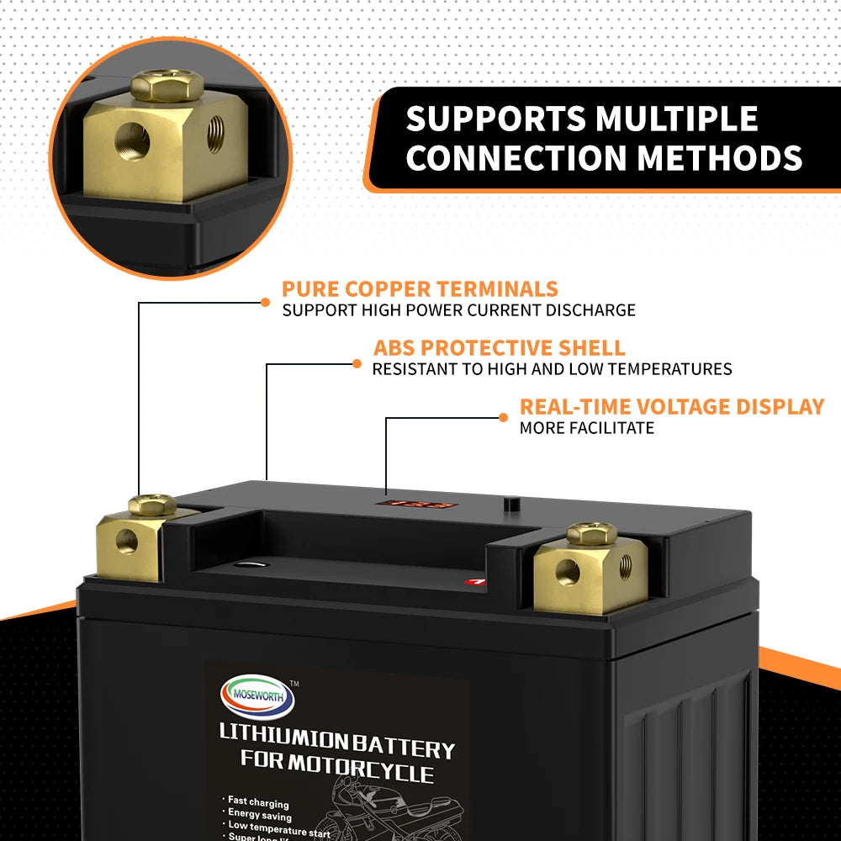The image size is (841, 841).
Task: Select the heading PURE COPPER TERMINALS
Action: coord(420,289)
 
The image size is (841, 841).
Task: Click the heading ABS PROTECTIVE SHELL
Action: coord(499,348)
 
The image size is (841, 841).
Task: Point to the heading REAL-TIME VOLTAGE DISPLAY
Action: coord(671,407)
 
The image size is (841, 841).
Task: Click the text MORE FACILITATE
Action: coord(586,428)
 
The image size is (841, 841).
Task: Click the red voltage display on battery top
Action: coord(415,506)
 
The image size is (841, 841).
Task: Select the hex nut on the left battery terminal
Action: coord(152,505)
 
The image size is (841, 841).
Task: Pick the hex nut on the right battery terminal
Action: coord(592,533)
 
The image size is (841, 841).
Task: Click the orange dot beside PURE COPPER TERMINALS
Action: coord(265,302)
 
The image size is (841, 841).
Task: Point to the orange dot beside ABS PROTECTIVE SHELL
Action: coord(357,364)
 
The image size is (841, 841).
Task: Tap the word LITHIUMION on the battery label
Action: coord(283,737)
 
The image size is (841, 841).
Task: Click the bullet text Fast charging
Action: coord(258,804)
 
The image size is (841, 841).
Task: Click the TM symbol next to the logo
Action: coord(294,684)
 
